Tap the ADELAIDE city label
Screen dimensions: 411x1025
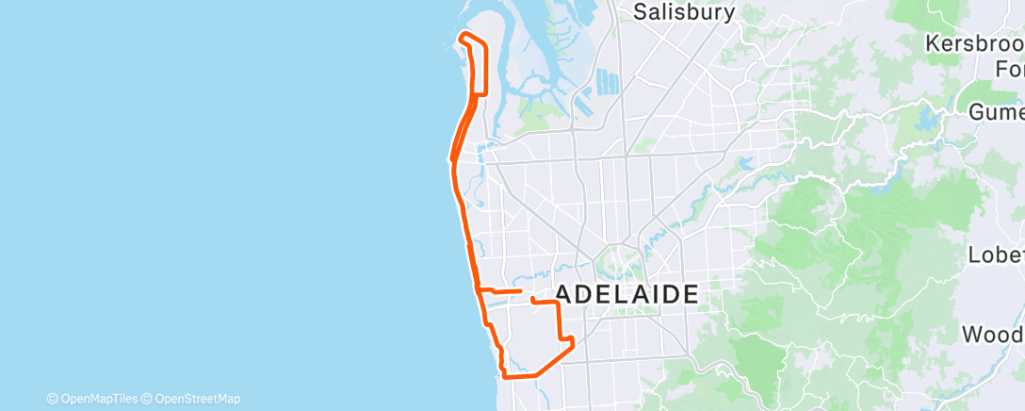627,294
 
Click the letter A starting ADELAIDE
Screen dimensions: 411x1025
564,294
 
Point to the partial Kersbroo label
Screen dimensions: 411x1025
974,44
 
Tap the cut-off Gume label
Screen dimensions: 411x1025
996,112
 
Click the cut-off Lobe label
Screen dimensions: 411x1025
996,255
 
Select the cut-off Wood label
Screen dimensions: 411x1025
992,335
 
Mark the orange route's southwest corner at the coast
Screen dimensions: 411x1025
506,376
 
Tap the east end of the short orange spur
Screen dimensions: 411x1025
520,292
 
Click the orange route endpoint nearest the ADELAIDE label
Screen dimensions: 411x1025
533,300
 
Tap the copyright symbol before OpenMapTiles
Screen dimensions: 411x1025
52,399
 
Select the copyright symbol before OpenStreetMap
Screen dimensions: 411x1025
148,399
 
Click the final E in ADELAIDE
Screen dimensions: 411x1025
690,294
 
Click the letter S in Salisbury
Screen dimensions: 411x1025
640,12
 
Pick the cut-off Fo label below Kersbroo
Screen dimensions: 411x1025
1009,69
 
